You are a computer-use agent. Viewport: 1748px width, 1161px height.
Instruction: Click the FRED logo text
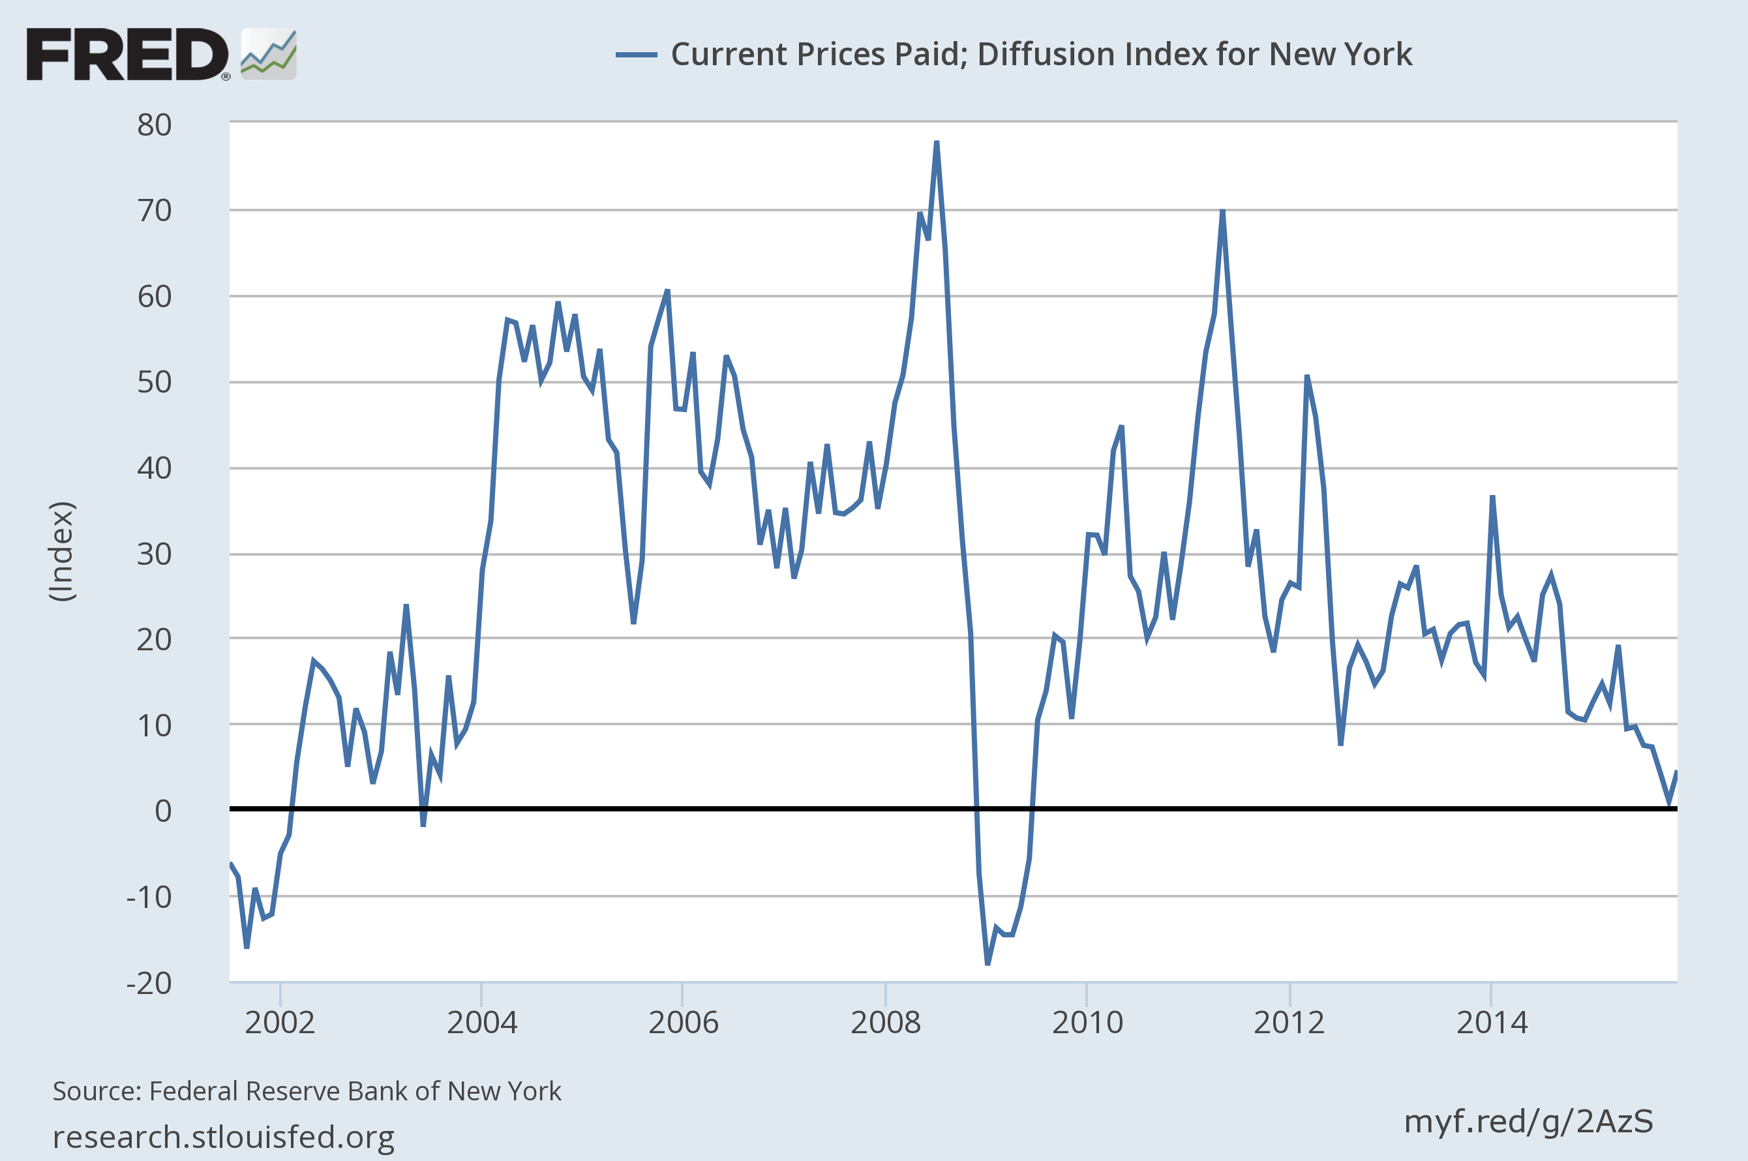click(x=127, y=54)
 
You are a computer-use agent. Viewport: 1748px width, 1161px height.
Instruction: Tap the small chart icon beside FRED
click(x=269, y=54)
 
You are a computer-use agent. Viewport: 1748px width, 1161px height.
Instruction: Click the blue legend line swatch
click(x=636, y=55)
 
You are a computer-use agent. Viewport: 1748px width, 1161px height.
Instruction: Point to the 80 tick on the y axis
click(x=154, y=125)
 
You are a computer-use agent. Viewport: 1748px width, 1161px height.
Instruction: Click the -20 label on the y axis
click(x=149, y=984)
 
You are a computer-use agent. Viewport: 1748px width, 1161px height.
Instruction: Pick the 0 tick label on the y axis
click(x=163, y=811)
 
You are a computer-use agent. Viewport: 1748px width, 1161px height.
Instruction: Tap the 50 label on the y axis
click(x=154, y=382)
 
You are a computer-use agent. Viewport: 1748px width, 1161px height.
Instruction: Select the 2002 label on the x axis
click(x=280, y=1023)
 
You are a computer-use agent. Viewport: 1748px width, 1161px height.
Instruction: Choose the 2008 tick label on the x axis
click(x=886, y=1023)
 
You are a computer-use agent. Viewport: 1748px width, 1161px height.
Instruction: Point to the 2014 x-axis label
click(x=1492, y=1023)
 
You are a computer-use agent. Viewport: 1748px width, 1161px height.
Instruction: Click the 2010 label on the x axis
click(x=1087, y=1023)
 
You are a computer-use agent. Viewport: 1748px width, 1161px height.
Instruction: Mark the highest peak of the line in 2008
click(x=937, y=142)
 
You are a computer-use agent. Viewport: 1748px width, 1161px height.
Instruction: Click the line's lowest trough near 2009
click(x=987, y=963)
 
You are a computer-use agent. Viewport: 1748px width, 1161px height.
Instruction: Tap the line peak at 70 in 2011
click(x=1222, y=212)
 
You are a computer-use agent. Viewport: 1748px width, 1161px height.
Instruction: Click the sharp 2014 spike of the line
click(x=1492, y=497)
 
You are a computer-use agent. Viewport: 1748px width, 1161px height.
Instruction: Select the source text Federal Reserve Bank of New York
click(x=355, y=1091)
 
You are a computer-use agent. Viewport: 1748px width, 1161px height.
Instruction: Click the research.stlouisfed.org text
click(x=224, y=1137)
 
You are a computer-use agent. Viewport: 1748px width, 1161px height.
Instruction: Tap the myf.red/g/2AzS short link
click(x=1529, y=1122)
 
